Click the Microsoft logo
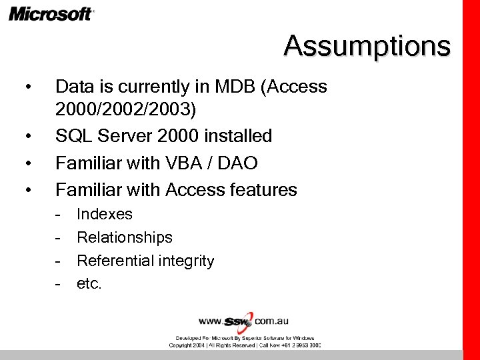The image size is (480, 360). [51, 14]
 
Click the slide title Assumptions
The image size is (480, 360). [367, 46]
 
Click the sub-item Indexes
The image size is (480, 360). [105, 214]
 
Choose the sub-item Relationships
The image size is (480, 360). [125, 237]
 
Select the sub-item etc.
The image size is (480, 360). [89, 284]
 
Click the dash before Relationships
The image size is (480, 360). [59, 237]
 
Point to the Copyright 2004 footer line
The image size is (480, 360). [244, 345]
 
